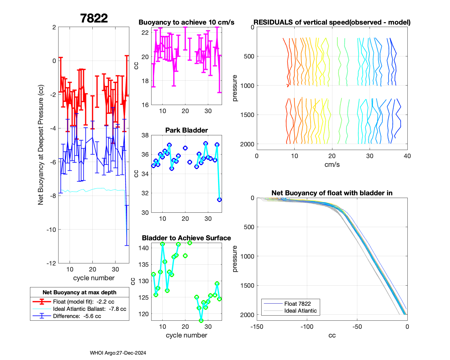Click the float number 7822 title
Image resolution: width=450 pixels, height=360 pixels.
point(94,18)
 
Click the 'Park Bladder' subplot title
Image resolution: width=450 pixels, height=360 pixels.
point(187,130)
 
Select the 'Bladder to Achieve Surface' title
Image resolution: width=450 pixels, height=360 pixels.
point(186,238)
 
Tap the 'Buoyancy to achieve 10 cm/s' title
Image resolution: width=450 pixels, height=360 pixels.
point(186,22)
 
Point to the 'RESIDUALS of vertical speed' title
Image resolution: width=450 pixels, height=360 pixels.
point(332,22)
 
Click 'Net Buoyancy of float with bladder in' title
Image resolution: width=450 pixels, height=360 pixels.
point(332,193)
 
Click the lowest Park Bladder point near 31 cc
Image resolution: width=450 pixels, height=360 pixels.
point(219,199)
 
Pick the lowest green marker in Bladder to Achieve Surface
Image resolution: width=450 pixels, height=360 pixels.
point(201,320)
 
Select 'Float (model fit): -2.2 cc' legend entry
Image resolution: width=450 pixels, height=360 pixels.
point(83,302)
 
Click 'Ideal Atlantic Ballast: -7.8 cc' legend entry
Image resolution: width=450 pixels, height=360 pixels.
point(89,309)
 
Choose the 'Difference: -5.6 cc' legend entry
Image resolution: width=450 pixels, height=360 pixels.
point(77,316)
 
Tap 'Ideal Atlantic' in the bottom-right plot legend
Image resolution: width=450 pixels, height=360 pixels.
point(300,311)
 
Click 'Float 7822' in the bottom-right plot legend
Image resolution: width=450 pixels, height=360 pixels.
point(297,304)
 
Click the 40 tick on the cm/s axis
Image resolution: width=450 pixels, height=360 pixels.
point(407,156)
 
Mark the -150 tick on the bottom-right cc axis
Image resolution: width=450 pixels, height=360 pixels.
point(257,327)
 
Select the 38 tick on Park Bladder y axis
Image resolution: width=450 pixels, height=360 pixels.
point(145,135)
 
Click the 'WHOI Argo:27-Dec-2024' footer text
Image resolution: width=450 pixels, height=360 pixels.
point(118,353)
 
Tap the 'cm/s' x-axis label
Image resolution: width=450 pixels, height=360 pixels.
point(332,165)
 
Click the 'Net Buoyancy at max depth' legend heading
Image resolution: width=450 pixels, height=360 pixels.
point(79,292)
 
